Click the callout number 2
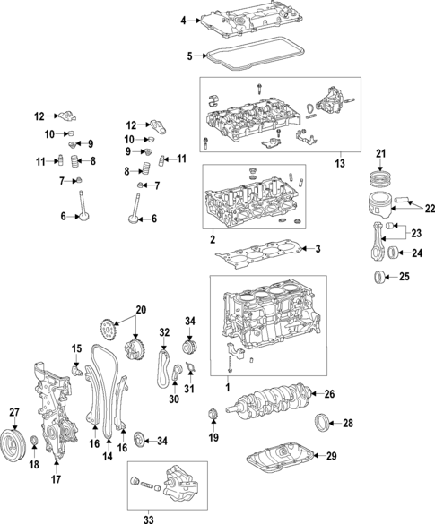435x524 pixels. (213, 240)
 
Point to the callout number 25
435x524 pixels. (404, 278)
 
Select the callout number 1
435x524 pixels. (226, 387)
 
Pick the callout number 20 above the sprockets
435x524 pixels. (139, 310)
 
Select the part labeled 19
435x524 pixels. (213, 414)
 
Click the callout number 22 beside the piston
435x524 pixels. (430, 209)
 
